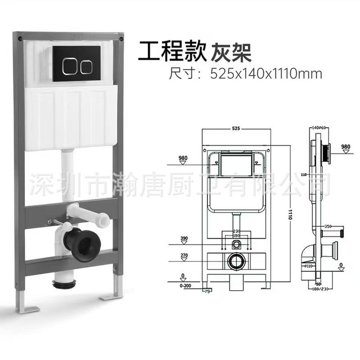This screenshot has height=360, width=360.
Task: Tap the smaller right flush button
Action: coord(86,66)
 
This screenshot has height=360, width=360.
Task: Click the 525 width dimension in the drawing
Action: coord(235,128)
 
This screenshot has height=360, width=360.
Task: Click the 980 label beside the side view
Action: coord(345,147)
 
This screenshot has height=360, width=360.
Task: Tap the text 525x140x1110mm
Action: coord(265,74)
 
